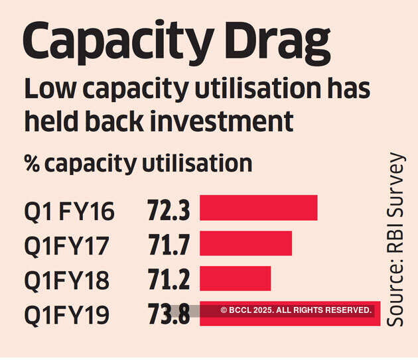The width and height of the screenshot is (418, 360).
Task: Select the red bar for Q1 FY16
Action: click(258, 208)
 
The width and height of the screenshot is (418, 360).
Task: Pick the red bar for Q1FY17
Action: click(245, 243)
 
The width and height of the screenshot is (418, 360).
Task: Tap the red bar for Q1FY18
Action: click(235, 278)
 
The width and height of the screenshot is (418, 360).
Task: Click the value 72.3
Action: click(169, 210)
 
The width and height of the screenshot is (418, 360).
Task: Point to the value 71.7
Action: click(169, 245)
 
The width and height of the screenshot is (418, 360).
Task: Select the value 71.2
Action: click(169, 280)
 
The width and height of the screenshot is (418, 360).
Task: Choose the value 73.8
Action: click(169, 314)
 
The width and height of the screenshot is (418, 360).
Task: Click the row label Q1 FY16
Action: click(69, 211)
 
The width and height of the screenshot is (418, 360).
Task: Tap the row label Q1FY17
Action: click(66, 246)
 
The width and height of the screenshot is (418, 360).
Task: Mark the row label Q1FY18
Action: click(66, 280)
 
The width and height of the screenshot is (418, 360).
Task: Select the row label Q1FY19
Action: click(66, 315)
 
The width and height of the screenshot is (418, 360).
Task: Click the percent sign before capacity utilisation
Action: click(33, 163)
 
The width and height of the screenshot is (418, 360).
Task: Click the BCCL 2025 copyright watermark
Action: click(295, 310)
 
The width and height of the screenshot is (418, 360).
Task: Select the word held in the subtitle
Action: click(53, 122)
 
